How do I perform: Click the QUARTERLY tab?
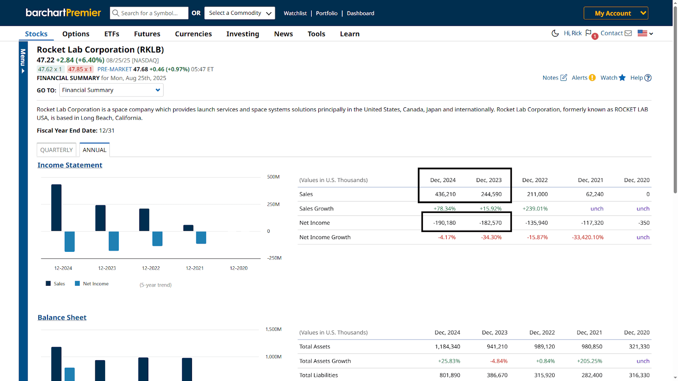[56, 150]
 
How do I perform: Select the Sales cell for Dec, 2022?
[537, 194]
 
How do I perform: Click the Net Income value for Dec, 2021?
[592, 223]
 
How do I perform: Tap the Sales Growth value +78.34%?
[445, 209]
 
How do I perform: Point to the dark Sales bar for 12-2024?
[56, 208]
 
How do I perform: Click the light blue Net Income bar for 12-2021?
[201, 237]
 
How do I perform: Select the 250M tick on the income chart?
[273, 204]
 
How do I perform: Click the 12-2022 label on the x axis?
[151, 268]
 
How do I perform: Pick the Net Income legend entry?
[92, 284]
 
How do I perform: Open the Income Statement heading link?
[70, 165]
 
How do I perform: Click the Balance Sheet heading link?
[62, 317]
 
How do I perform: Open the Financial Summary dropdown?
[111, 90]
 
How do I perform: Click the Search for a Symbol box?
[149, 13]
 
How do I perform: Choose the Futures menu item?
[147, 34]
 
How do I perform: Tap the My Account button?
[616, 13]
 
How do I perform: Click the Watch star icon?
[622, 78]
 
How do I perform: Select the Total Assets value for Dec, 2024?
[447, 347]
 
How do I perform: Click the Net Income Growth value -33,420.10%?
[587, 237]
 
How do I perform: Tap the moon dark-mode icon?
[555, 33]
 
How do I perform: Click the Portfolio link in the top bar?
[327, 13]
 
